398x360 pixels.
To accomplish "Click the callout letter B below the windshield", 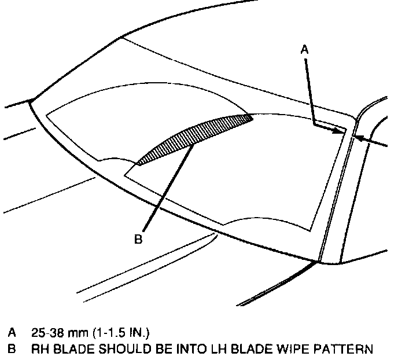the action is click(138, 238).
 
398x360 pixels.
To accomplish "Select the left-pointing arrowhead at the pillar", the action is click(358, 138).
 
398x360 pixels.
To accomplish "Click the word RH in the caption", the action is click(39, 349).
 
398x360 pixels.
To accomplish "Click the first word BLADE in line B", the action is click(71, 349).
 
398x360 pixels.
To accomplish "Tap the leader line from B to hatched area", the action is click(168, 185).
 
